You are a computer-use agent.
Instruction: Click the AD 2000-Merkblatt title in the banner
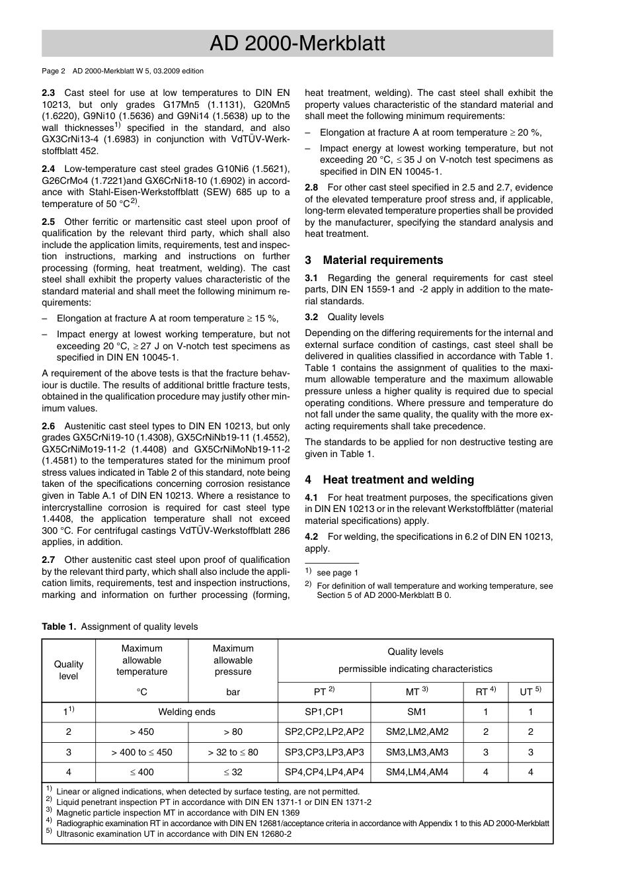(x=297, y=44)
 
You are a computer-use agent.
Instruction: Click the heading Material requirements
(x=383, y=260)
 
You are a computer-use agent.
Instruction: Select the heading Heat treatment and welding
(x=398, y=480)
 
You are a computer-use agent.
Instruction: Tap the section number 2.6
(x=48, y=427)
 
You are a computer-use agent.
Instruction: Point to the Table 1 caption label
(x=59, y=626)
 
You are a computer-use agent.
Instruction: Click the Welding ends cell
(x=186, y=712)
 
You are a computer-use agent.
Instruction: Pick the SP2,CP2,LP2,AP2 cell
(x=324, y=732)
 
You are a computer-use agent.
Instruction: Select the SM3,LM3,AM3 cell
(x=416, y=752)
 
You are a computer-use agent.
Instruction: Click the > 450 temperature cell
(x=141, y=732)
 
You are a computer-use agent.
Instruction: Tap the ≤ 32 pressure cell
(x=233, y=772)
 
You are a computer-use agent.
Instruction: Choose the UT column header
(x=530, y=692)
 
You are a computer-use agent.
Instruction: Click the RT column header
(x=485, y=692)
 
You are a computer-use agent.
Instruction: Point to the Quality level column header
(x=69, y=670)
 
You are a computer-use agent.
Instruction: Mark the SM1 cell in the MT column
(x=416, y=712)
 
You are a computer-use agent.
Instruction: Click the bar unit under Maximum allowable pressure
(x=233, y=692)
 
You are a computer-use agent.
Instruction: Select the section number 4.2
(x=311, y=537)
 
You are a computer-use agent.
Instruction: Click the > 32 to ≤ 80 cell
(x=233, y=752)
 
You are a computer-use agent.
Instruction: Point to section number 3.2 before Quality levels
(x=311, y=317)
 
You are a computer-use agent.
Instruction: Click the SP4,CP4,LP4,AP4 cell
(x=324, y=772)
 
